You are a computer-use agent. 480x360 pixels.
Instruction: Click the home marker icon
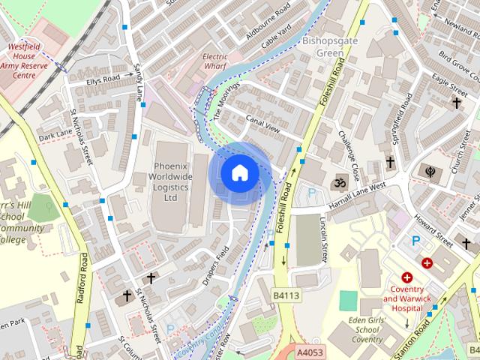pyautogui.click(x=239, y=173)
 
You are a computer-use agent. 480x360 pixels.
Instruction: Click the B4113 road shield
pyautogui.click(x=286, y=295)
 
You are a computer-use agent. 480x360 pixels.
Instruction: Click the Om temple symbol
pyautogui.click(x=338, y=181)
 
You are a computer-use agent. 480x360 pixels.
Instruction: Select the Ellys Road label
pyautogui.click(x=103, y=79)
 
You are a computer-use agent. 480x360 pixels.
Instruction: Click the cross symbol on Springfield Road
pyautogui.click(x=390, y=161)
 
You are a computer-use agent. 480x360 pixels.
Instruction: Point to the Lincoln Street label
pyautogui.click(x=323, y=240)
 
